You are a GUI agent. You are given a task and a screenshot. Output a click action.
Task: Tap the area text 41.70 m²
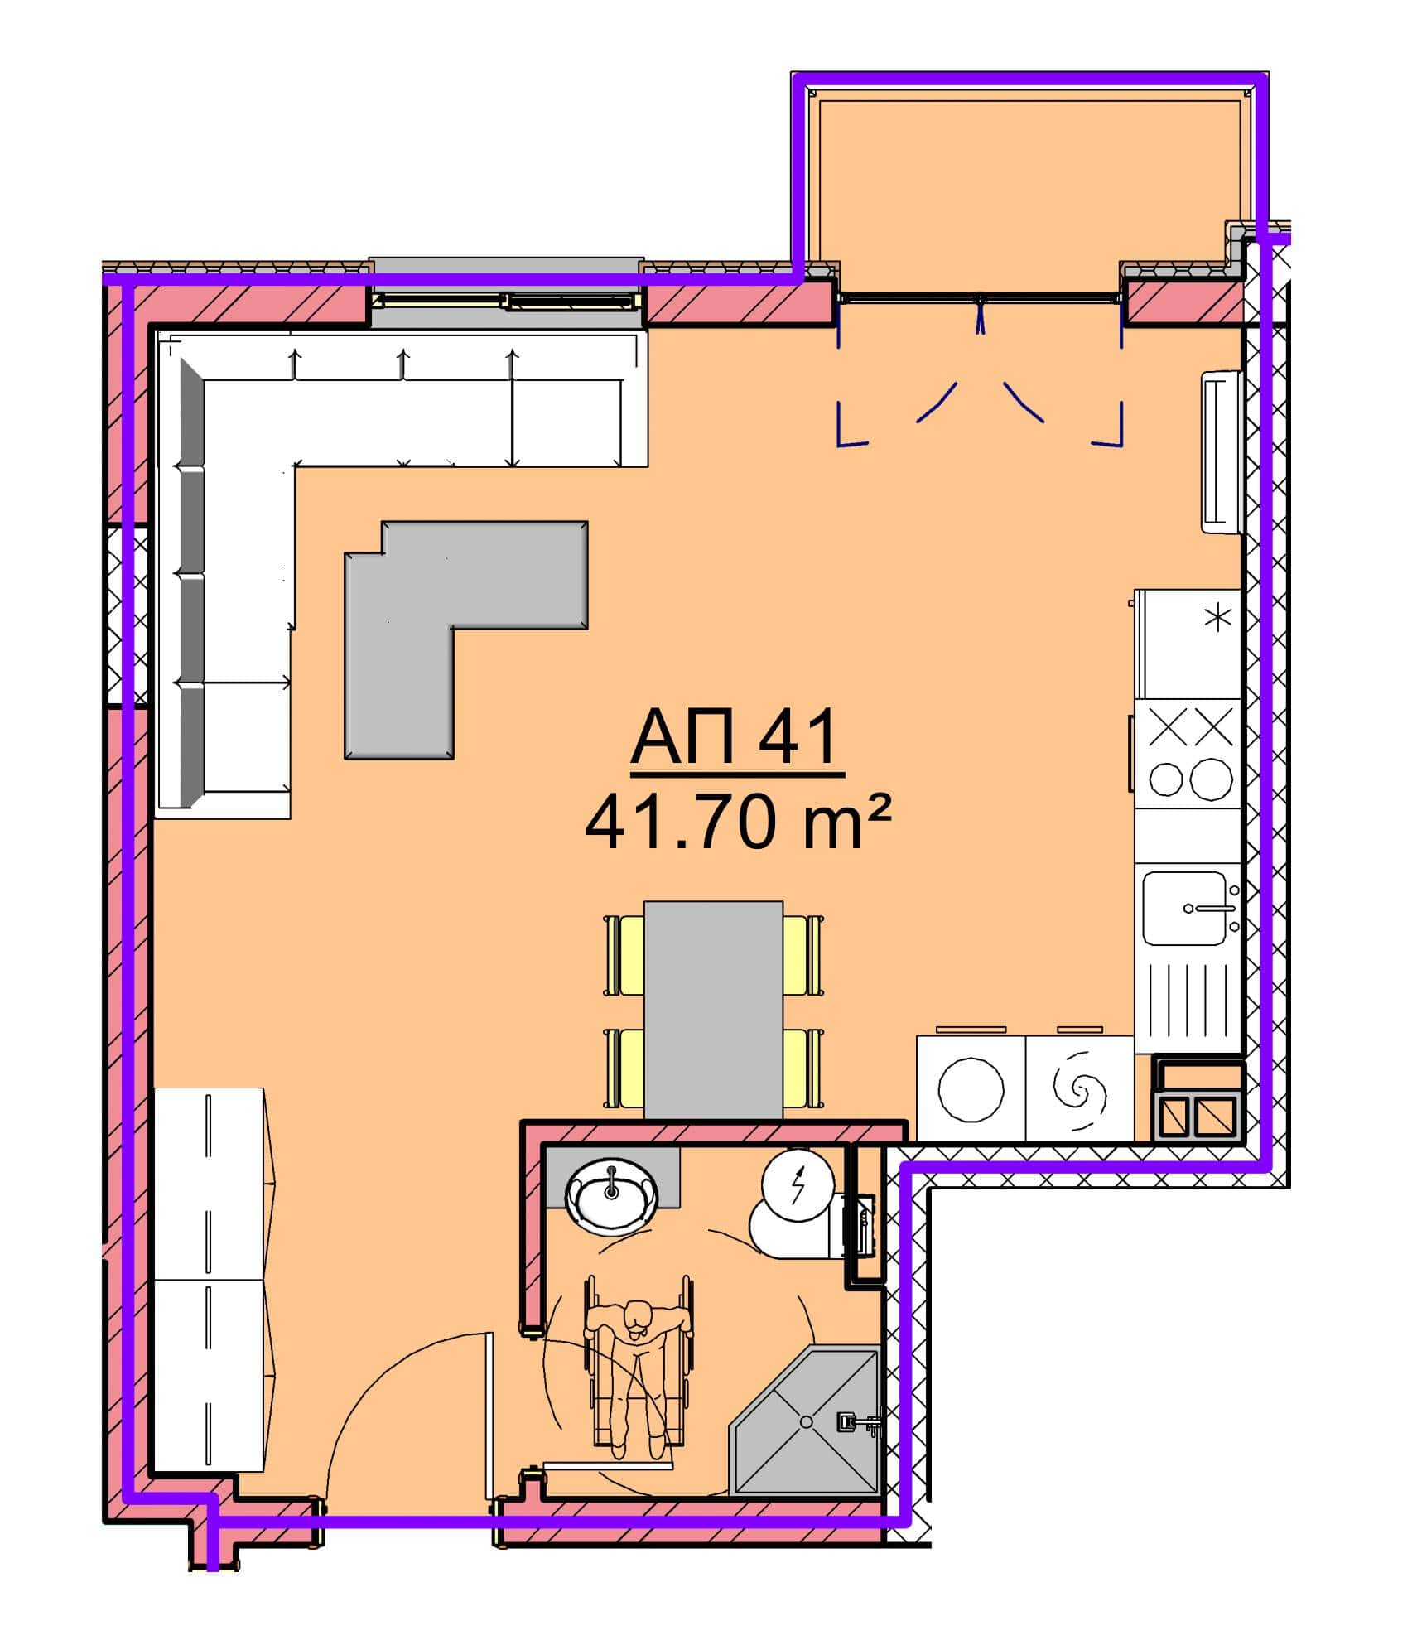pos(738,823)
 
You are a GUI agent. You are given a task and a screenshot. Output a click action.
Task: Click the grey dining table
pos(713,1011)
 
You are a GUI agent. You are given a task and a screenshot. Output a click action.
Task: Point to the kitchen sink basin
pos(1184,908)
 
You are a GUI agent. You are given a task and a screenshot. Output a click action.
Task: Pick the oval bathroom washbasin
pos(612,1195)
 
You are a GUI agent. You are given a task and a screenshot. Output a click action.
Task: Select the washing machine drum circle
pos(971,1090)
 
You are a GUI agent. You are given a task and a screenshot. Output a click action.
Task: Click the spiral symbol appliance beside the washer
pos(1079,1090)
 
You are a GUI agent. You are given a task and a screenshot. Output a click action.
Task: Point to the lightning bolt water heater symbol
pos(798,1185)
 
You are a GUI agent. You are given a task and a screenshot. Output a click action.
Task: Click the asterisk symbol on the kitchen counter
pos(1217,619)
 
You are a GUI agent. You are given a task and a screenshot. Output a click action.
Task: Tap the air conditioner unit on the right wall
pos(1222,451)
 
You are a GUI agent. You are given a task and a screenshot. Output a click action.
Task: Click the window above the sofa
pos(506,292)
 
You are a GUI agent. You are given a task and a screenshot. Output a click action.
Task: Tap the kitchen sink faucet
pos(1210,909)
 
